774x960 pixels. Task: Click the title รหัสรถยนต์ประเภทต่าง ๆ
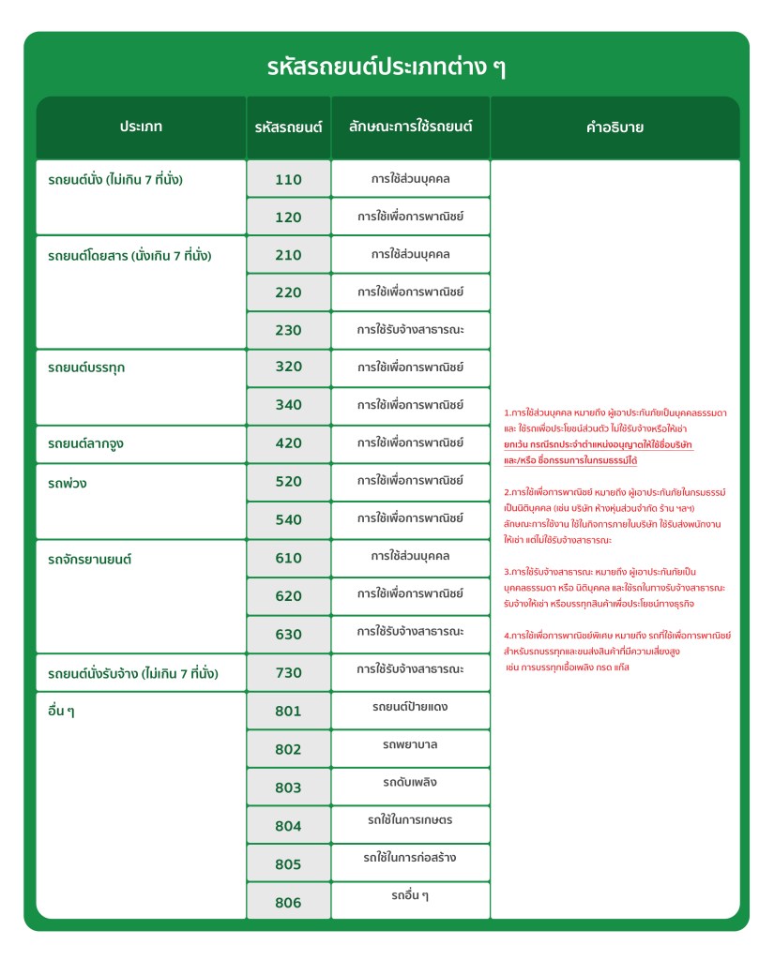click(387, 67)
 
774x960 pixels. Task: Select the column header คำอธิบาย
click(615, 127)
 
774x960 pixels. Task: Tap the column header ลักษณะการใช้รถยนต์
click(410, 127)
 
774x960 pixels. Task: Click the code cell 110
click(288, 179)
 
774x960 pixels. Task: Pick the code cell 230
click(288, 331)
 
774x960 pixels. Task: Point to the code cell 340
click(288, 406)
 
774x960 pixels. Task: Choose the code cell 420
click(288, 443)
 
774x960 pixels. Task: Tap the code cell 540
click(288, 520)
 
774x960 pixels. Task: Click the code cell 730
click(288, 673)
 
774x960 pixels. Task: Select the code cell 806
click(288, 903)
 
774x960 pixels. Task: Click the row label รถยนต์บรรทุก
click(86, 367)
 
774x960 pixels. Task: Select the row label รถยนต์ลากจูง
click(86, 443)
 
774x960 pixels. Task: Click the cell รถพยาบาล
click(410, 745)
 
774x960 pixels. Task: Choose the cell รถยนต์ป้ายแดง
click(410, 707)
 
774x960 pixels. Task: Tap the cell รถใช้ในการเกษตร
click(410, 820)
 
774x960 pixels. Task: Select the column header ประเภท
click(141, 127)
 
